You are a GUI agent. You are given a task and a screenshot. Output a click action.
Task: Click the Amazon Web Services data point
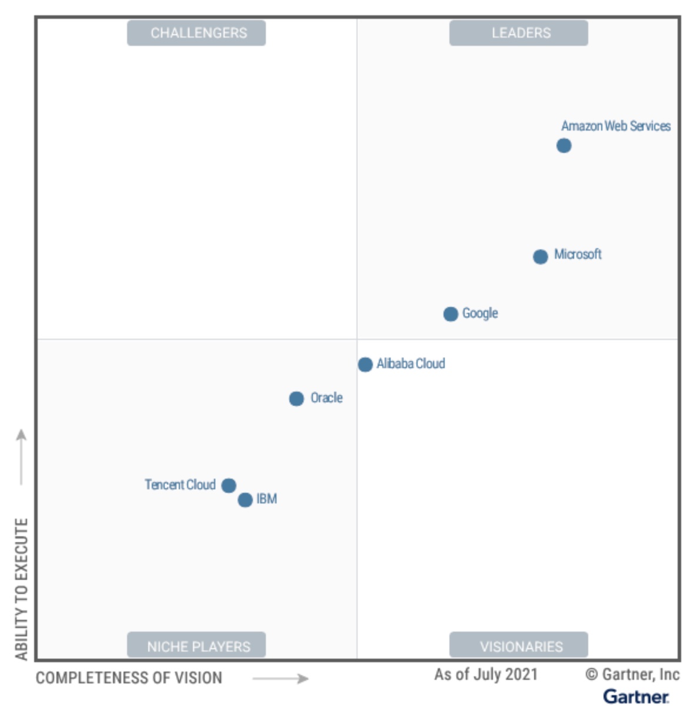[564, 145]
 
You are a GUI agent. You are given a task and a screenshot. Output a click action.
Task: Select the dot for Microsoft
[540, 256]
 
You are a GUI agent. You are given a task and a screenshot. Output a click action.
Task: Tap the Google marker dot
[451, 314]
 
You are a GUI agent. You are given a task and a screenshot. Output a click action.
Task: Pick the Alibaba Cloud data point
[365, 365]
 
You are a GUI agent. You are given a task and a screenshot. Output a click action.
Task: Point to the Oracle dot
[296, 399]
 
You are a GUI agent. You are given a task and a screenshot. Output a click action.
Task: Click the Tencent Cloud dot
[229, 485]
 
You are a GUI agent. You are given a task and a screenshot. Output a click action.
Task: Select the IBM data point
[245, 500]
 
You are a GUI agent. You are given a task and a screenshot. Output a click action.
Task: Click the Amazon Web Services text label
[615, 126]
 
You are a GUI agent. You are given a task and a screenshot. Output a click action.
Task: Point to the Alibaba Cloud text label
[411, 363]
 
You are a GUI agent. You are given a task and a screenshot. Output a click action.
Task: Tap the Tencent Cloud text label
[180, 485]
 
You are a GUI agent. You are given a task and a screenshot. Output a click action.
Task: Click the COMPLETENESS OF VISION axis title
[129, 678]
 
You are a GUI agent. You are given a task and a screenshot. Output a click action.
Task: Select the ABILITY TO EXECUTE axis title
[22, 589]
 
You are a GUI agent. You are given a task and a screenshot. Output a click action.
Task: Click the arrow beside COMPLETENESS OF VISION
[281, 679]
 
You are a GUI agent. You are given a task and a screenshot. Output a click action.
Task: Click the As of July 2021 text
[486, 675]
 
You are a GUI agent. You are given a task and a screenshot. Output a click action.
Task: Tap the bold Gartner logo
[636, 697]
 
